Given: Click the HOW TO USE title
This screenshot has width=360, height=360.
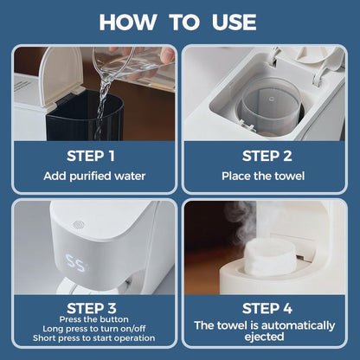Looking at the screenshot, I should coord(180,21).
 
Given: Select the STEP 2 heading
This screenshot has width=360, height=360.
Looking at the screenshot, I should coord(266,156).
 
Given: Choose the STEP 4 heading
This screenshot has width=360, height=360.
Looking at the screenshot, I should coord(266,307).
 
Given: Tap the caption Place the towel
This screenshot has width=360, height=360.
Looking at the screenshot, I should coord(266,176).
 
